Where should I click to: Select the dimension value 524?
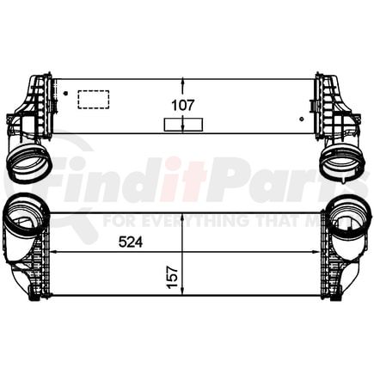click(x=126, y=242)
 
